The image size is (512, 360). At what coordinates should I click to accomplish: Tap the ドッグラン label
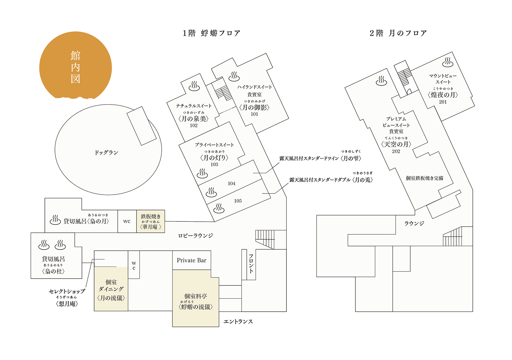coord(106,153)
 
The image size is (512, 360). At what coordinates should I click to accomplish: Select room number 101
coord(254,114)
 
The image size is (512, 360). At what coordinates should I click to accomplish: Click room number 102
coord(194,126)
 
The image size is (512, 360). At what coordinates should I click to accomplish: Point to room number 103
coord(214,164)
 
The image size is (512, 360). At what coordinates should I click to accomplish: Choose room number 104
coord(232,184)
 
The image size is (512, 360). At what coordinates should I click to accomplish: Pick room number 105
coord(238,201)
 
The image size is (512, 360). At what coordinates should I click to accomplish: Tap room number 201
coord(443,102)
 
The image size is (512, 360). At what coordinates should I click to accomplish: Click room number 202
coord(396,151)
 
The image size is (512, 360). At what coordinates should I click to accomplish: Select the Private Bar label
coord(191,260)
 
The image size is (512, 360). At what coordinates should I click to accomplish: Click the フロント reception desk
coord(244,265)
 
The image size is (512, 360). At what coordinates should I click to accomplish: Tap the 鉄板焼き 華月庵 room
coord(150,221)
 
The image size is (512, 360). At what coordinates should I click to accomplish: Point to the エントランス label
coord(238,322)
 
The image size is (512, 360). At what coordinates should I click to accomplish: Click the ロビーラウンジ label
coord(196,236)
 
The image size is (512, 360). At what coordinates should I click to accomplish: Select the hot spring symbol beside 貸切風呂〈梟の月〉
coord(55,220)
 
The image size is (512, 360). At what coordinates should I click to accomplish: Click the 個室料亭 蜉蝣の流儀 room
coord(196,298)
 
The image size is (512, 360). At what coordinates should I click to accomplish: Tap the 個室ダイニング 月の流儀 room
coord(111,289)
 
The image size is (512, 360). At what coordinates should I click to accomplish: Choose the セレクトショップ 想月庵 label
coord(67,298)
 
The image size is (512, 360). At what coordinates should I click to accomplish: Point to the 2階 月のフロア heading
coord(398,33)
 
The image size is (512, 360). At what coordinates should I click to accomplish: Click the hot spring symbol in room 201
coord(448,62)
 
